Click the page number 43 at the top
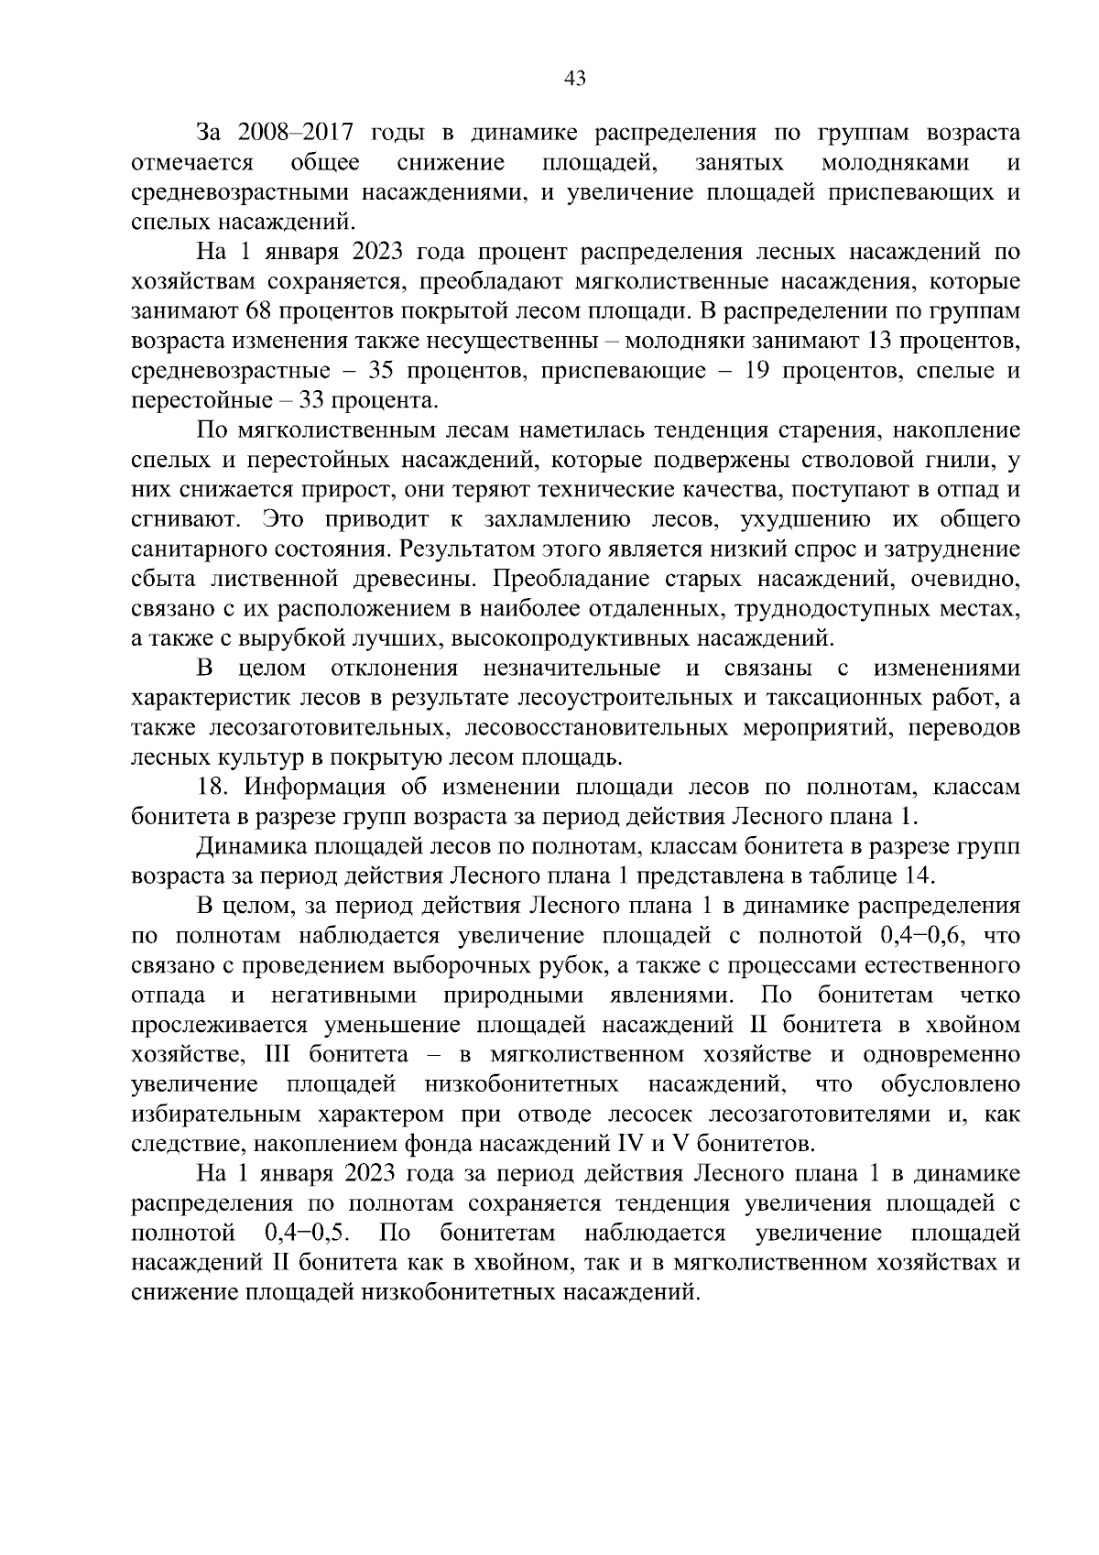[x=575, y=79]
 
